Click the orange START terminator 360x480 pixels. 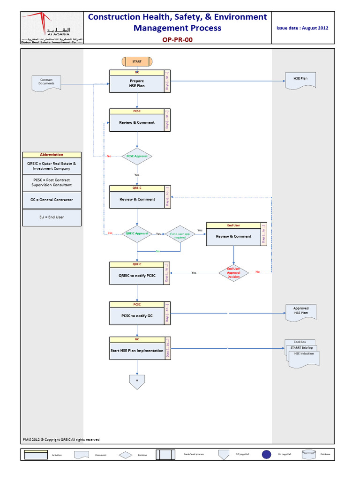pyautogui.click(x=137, y=61)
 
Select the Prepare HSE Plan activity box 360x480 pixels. pyautogui.click(x=137, y=84)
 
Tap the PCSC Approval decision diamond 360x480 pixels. pyautogui.click(x=137, y=156)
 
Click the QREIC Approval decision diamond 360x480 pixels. pyautogui.click(x=137, y=233)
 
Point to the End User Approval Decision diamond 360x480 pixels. pyautogui.click(x=233, y=273)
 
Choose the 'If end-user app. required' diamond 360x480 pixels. pyautogui.click(x=180, y=235)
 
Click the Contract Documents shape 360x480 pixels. pyautogui.click(x=46, y=82)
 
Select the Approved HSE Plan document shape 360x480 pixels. pyautogui.click(x=301, y=312)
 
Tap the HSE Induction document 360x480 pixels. pyautogui.click(x=304, y=357)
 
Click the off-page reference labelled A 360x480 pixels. pyautogui.click(x=137, y=381)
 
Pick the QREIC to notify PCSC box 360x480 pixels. pyautogui.click(x=137, y=276)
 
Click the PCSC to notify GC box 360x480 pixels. pyautogui.click(x=137, y=316)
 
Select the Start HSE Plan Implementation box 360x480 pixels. pyautogui.click(x=137, y=351)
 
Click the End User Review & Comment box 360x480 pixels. pyautogui.click(x=233, y=236)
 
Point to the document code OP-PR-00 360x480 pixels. pyautogui.click(x=177, y=40)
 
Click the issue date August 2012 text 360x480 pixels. pyautogui.click(x=302, y=28)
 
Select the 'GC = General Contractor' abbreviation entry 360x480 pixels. pyautogui.click(x=52, y=199)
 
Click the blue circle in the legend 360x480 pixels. pyautogui.click(x=266, y=454)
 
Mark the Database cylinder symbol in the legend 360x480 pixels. pyautogui.click(x=308, y=454)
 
